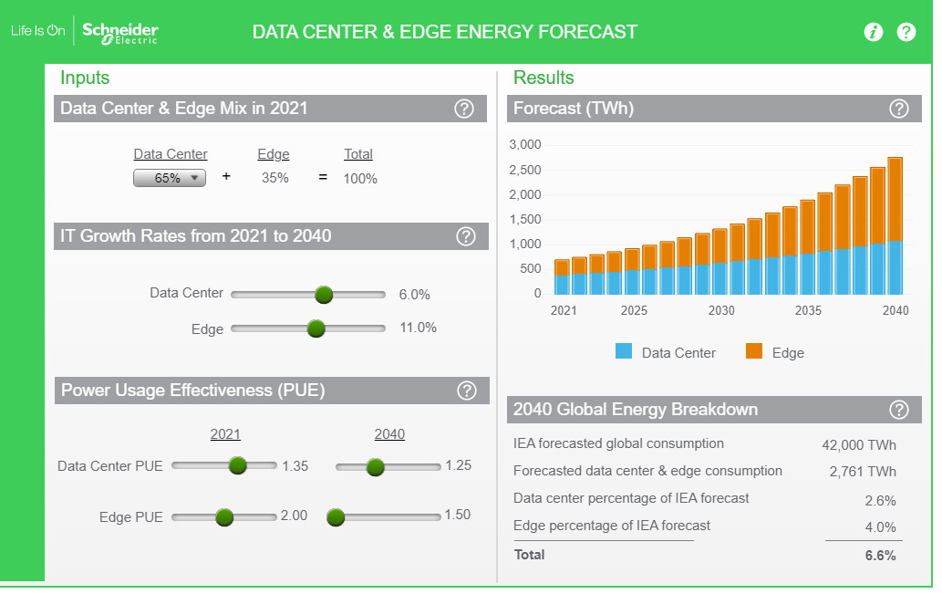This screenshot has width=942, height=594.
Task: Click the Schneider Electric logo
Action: [x=119, y=32]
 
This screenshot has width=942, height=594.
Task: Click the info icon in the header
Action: [x=874, y=32]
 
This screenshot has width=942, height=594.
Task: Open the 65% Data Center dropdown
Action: [x=170, y=178]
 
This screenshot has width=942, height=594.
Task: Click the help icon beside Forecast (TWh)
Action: [x=899, y=109]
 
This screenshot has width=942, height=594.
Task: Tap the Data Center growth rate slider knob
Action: [x=324, y=295]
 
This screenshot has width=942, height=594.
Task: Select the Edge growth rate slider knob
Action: [x=316, y=328]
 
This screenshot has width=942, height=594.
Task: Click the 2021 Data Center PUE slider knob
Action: [x=238, y=465]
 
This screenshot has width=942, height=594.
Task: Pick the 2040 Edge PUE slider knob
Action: [x=336, y=517]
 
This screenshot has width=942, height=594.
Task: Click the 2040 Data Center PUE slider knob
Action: [x=374, y=466]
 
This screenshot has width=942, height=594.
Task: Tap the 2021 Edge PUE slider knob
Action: [x=224, y=517]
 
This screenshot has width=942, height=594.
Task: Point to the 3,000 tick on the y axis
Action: [x=525, y=145]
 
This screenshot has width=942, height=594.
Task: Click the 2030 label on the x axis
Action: [x=721, y=310]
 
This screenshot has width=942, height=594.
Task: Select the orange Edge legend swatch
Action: [x=754, y=351]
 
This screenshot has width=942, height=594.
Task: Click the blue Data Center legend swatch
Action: [x=624, y=351]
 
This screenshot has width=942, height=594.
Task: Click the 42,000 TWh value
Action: [x=859, y=445]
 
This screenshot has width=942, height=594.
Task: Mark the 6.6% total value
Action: [x=880, y=555]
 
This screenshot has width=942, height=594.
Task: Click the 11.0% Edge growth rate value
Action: [x=418, y=328]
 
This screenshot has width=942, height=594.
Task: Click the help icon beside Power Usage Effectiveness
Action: [x=467, y=391]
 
